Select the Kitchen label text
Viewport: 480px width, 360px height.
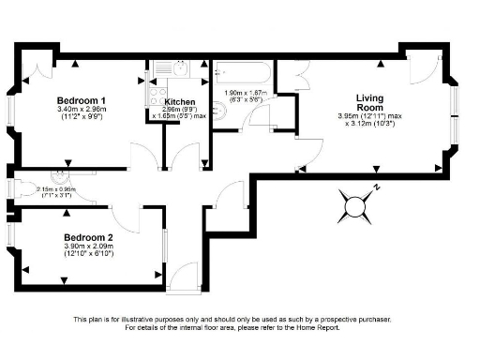coord(179,101)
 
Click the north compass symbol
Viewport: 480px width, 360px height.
coord(355,203)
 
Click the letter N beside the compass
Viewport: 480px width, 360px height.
coord(376,187)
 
